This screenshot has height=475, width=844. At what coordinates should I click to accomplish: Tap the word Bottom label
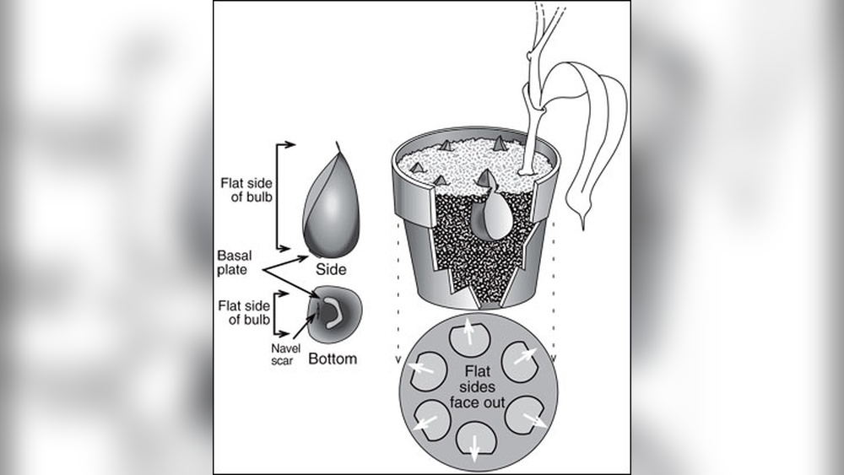pos(332,359)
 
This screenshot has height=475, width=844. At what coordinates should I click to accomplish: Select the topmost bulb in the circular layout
pos(465,337)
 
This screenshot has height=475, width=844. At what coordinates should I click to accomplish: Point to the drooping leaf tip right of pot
pos(583,223)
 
